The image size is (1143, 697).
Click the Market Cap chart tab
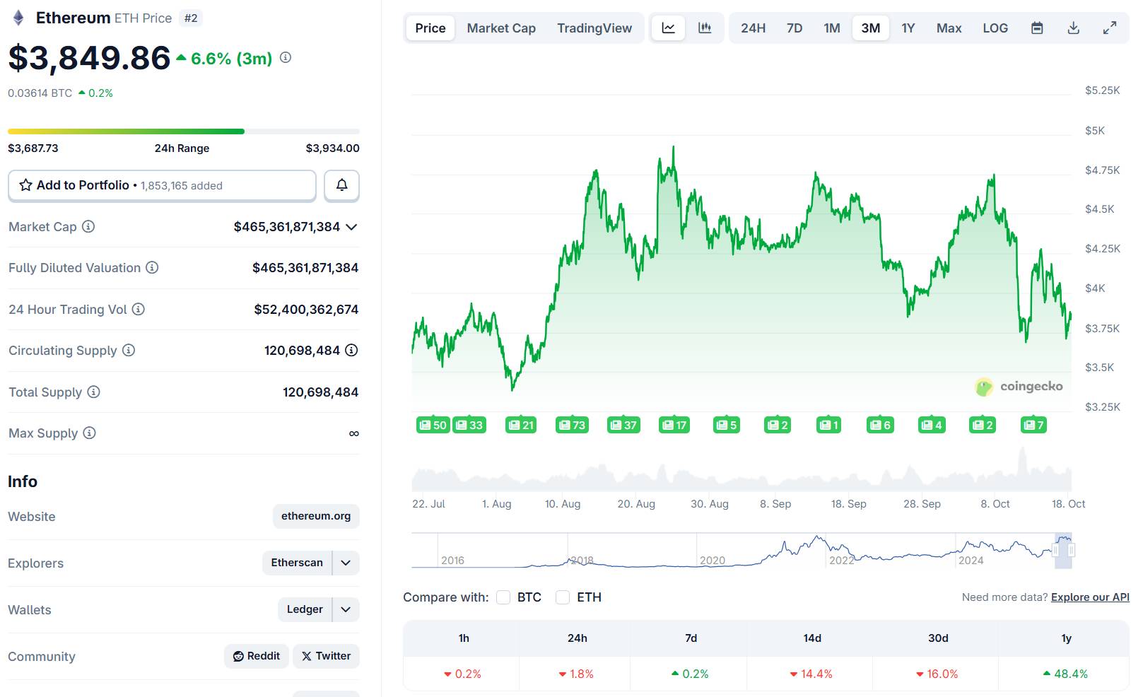(x=501, y=28)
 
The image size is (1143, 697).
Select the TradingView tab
(x=594, y=28)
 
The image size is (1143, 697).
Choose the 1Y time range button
(x=908, y=28)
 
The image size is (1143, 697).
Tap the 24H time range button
(x=753, y=28)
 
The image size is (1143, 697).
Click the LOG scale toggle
(x=995, y=28)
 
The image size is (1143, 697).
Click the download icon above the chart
(x=1073, y=28)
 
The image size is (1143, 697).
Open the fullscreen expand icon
(x=1110, y=28)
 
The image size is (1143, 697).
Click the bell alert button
(x=341, y=185)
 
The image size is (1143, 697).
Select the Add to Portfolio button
(x=162, y=185)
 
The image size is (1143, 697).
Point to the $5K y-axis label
(x=1094, y=131)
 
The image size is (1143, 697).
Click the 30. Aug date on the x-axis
(x=709, y=504)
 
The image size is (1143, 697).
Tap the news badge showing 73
(x=572, y=425)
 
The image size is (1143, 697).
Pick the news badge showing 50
(x=433, y=425)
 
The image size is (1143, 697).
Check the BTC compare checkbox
(x=503, y=597)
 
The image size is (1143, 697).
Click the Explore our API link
(x=1089, y=597)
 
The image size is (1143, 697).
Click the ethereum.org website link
(x=316, y=516)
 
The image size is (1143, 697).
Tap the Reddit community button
(x=257, y=656)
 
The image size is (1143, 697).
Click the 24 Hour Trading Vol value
(x=306, y=310)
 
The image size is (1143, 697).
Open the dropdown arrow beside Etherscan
(x=346, y=563)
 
